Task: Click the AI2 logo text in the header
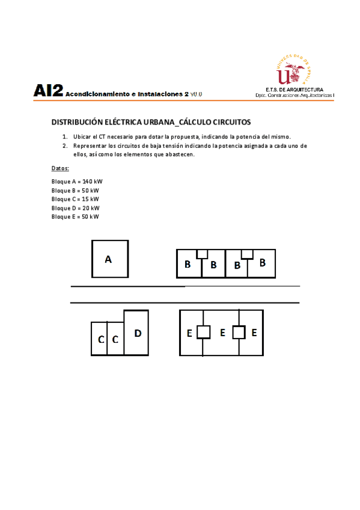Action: [49, 91]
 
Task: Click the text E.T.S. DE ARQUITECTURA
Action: [294, 90]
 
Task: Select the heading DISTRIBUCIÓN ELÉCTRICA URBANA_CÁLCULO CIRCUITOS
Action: [151, 122]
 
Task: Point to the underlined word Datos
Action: [60, 168]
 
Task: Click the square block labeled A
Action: [109, 259]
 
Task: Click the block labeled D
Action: [136, 333]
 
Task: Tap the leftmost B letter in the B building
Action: [188, 264]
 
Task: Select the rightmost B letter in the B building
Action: [262, 263]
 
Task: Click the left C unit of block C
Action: [100, 340]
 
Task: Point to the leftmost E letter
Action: [189, 333]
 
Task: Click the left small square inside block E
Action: [204, 332]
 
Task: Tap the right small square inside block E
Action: [239, 332]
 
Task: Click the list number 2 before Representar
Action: [65, 146]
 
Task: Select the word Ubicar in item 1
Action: [82, 137]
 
